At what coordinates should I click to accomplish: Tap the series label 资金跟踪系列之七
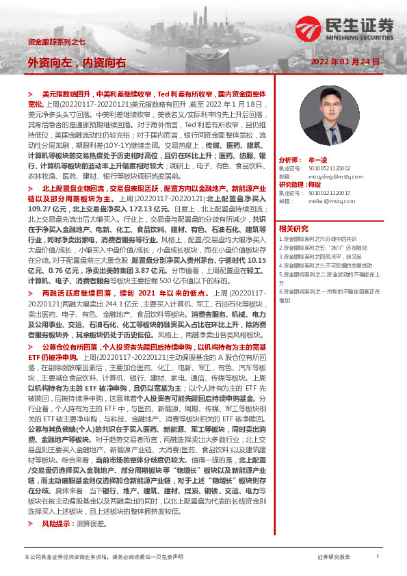(56, 42)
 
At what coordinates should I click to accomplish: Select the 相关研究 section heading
(293, 228)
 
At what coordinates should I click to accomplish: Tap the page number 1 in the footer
(377, 557)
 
